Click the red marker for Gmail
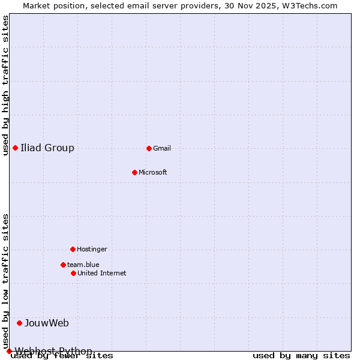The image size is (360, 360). click(x=149, y=148)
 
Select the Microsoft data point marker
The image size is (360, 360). click(x=134, y=172)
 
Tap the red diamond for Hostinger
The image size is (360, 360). click(x=73, y=249)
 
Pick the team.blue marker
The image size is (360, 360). click(x=63, y=265)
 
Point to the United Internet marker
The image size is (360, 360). click(x=73, y=273)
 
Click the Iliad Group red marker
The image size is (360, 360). click(x=15, y=148)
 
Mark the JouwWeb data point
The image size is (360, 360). click(x=19, y=323)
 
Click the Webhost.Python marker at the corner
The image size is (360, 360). click(x=9, y=351)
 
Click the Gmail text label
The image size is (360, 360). click(x=162, y=148)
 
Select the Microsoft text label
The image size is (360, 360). click(x=153, y=172)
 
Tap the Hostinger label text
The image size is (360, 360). click(x=92, y=249)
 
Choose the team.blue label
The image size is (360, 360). click(x=83, y=265)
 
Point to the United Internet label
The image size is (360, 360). click(x=102, y=273)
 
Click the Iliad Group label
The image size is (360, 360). click(x=47, y=148)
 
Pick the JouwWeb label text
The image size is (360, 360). click(x=47, y=323)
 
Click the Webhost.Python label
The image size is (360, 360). click(x=53, y=350)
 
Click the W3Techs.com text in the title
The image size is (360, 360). click(x=310, y=5)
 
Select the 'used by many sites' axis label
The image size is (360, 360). click(x=301, y=356)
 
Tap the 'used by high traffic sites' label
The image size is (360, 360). click(x=5, y=85)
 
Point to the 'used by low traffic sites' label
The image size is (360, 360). click(x=5, y=281)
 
